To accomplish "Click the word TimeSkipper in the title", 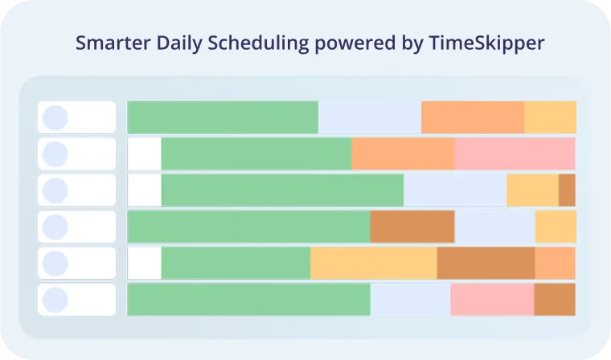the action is pyautogui.click(x=486, y=43).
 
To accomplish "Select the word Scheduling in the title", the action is pyautogui.click(x=258, y=43).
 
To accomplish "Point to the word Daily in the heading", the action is pyautogui.click(x=179, y=43).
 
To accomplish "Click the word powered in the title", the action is pyautogui.click(x=355, y=43).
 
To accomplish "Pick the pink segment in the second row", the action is pyautogui.click(x=515, y=153).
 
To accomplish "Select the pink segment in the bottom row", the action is pyautogui.click(x=492, y=299).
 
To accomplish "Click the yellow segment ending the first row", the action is pyautogui.click(x=550, y=117).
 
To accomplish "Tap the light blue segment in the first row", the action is pyautogui.click(x=370, y=117).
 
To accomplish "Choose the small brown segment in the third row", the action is pyautogui.click(x=567, y=190).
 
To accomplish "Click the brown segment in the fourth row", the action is pyautogui.click(x=412, y=227).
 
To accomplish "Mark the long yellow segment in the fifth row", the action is pyautogui.click(x=374, y=263).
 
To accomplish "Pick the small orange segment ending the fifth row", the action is pyautogui.click(x=555, y=263).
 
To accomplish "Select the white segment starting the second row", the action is pyautogui.click(x=145, y=153).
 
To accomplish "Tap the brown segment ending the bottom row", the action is pyautogui.click(x=555, y=299).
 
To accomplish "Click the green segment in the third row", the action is pyautogui.click(x=282, y=190).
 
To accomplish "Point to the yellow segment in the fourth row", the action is pyautogui.click(x=556, y=227).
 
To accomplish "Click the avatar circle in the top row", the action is pyautogui.click(x=55, y=117).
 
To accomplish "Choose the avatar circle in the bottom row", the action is pyautogui.click(x=55, y=300).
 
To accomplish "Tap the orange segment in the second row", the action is pyautogui.click(x=404, y=153).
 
